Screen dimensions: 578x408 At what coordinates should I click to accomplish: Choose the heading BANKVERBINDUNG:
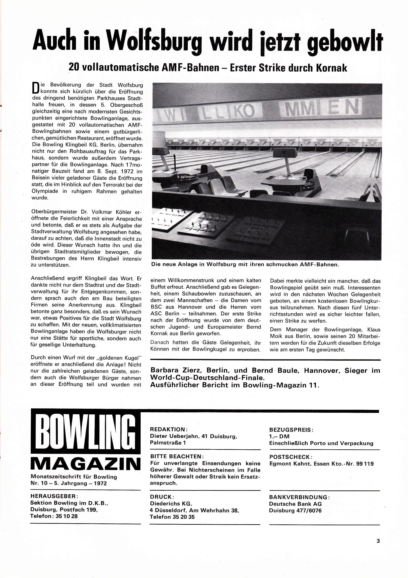click(x=299, y=497)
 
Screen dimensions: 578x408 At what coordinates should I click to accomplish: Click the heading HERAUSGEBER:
click(x=54, y=496)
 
